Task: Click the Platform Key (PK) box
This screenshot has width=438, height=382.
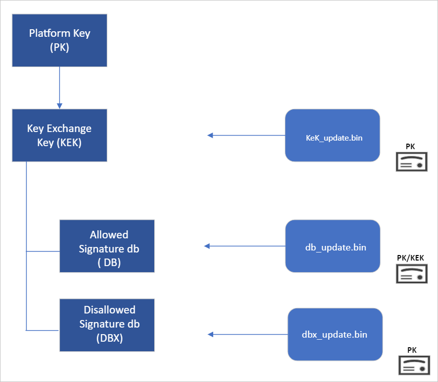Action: click(59, 41)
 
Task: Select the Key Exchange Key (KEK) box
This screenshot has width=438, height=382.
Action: click(59, 136)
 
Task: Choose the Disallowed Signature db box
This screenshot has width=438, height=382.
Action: click(107, 325)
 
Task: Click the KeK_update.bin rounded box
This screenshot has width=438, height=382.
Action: click(332, 136)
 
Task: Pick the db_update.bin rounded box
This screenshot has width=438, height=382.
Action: click(332, 246)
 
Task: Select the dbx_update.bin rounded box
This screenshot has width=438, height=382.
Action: click(335, 335)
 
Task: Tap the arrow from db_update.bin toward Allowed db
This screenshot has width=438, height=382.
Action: click(244, 246)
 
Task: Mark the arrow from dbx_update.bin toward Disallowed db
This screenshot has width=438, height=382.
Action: click(247, 335)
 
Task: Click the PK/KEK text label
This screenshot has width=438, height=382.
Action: click(411, 258)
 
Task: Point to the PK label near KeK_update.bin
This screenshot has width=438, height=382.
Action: click(411, 146)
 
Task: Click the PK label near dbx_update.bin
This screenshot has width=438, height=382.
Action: click(413, 349)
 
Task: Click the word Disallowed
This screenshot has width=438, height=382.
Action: click(109, 309)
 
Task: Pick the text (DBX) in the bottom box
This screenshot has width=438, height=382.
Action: click(109, 339)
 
